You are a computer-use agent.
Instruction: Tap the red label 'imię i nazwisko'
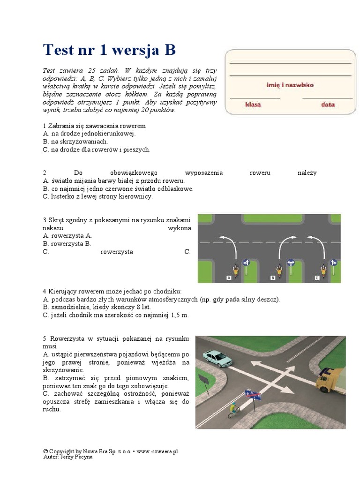[x=290, y=85]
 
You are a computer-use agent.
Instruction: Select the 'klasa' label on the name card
[x=253, y=105]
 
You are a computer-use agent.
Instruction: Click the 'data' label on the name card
[x=328, y=105]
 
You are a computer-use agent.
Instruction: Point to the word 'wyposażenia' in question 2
[x=204, y=173]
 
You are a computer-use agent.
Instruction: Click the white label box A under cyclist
[x=229, y=278]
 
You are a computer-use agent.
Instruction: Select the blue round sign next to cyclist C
[x=334, y=262]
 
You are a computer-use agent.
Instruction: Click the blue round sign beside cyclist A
[x=245, y=262]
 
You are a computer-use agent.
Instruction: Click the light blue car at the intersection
[x=217, y=358]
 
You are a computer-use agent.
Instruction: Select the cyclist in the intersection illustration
[x=233, y=410]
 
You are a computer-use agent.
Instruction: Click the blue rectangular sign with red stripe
[x=253, y=395]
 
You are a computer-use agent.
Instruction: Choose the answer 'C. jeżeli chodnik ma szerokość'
[x=115, y=315]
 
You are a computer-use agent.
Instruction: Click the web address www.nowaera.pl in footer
[x=157, y=451]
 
